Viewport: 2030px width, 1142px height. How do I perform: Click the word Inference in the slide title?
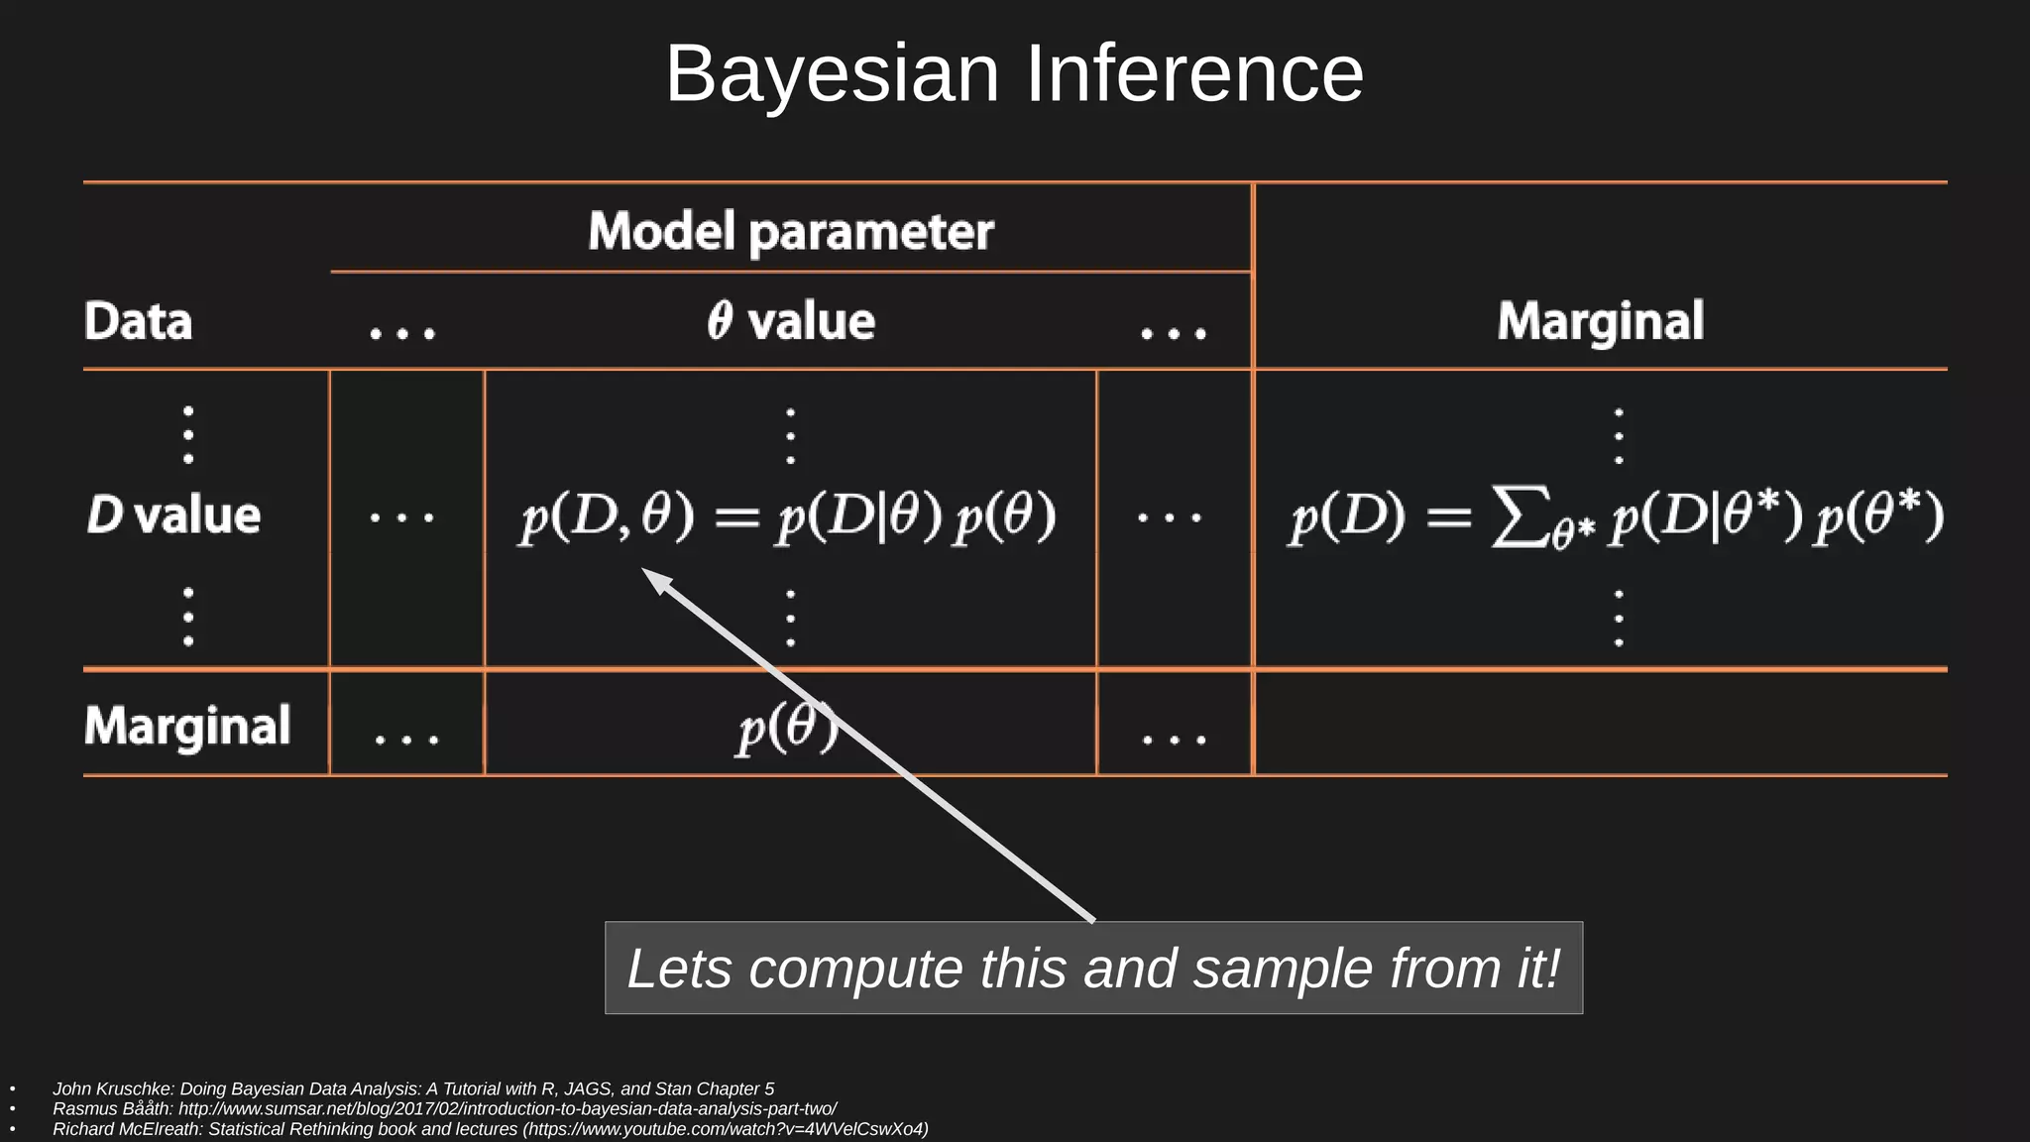click(x=1193, y=74)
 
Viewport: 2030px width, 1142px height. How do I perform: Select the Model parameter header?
click(x=790, y=231)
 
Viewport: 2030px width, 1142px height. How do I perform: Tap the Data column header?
click(x=138, y=321)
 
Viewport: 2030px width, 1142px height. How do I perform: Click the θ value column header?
click(x=790, y=321)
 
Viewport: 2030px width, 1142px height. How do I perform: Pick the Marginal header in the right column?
click(x=1600, y=321)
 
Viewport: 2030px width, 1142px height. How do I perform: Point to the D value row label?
click(x=173, y=515)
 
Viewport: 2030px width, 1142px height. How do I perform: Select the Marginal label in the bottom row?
click(x=187, y=725)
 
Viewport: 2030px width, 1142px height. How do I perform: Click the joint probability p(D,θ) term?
click(x=607, y=517)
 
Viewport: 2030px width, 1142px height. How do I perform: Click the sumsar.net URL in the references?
click(x=507, y=1108)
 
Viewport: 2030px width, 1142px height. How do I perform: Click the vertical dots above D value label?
click(x=188, y=434)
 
